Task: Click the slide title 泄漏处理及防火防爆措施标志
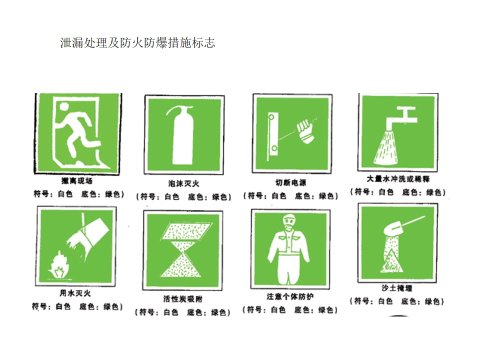[137, 43]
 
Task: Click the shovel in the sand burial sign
[400, 225]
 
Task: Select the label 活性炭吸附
[183, 299]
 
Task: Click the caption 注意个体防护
[290, 296]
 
